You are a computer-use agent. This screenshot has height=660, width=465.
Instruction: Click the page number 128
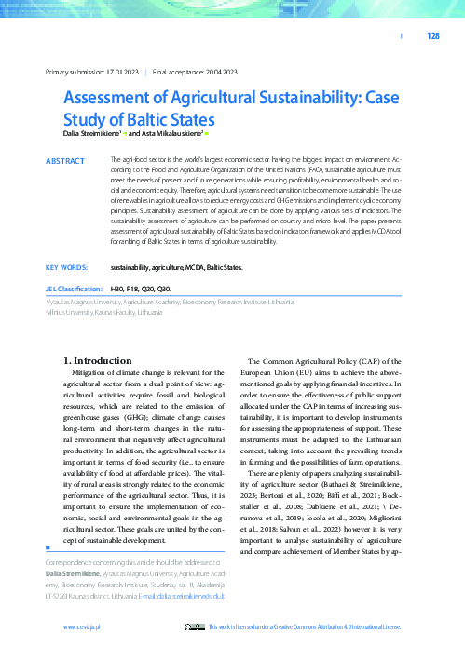(x=432, y=36)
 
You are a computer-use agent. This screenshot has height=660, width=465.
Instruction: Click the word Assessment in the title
(x=112, y=99)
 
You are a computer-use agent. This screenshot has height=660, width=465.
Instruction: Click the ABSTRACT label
(x=65, y=161)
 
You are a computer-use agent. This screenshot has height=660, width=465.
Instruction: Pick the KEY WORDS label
(x=66, y=267)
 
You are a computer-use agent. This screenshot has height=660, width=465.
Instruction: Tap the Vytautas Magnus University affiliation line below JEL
(x=169, y=303)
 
